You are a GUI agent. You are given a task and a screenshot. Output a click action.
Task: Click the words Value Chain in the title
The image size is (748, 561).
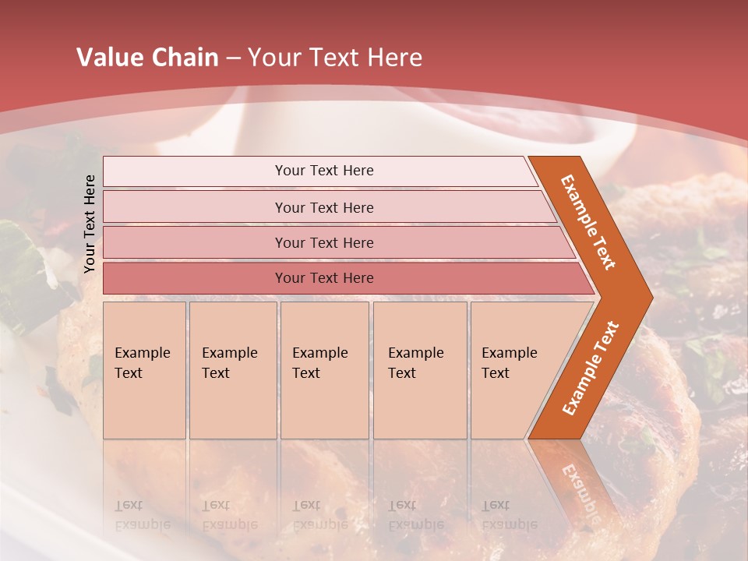pyautogui.click(x=147, y=58)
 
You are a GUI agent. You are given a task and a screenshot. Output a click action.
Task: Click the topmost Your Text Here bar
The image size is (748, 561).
pyautogui.click(x=324, y=171)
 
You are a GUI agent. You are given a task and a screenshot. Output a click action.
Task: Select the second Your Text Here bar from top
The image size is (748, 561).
pyautogui.click(x=324, y=207)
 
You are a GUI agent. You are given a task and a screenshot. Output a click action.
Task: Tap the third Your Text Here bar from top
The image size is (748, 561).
pyautogui.click(x=324, y=242)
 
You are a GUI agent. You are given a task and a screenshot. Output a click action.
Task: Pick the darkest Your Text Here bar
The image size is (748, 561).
pyautogui.click(x=324, y=278)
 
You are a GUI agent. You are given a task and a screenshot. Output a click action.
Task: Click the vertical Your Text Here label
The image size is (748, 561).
pyautogui.click(x=90, y=224)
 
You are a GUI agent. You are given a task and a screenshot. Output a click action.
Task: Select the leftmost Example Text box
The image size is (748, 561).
pyautogui.click(x=144, y=370)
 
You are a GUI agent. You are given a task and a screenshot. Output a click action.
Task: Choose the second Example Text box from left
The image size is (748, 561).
pyautogui.click(x=232, y=370)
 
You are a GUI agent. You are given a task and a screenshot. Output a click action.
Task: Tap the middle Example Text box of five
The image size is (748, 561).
pyautogui.click(x=324, y=370)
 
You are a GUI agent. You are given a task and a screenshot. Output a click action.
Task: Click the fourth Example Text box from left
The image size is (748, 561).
pyautogui.click(x=420, y=370)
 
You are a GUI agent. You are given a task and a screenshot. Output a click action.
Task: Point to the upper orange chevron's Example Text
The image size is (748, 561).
pyautogui.click(x=588, y=222)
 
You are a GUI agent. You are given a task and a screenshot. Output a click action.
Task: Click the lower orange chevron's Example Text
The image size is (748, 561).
pyautogui.click(x=591, y=368)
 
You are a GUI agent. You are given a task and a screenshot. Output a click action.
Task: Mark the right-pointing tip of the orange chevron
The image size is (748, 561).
pyautogui.click(x=650, y=297)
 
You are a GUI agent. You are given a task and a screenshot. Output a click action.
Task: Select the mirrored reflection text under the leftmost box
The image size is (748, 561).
pyautogui.click(x=142, y=515)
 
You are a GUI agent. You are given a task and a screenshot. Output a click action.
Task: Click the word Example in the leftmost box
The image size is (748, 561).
pyautogui.click(x=142, y=353)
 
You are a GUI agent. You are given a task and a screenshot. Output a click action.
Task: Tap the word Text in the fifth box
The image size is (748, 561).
pyautogui.click(x=496, y=373)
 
